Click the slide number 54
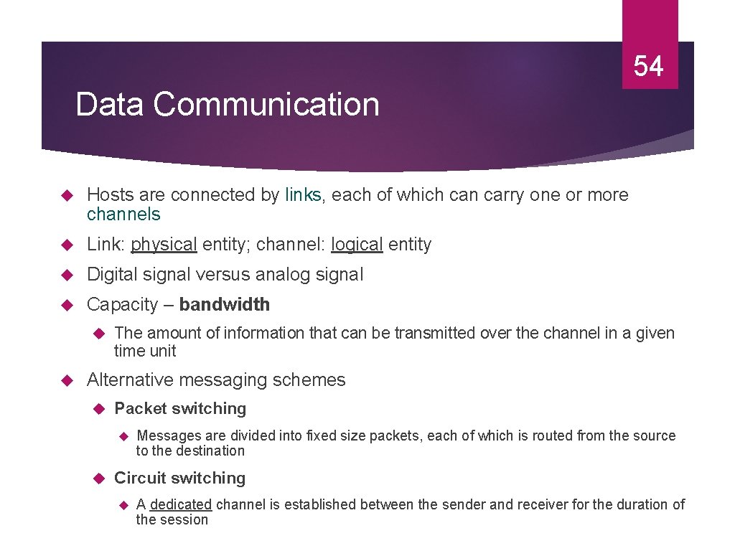pos(649,66)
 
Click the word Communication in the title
pos(266,104)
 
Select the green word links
pos(304,195)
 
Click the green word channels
pos(123,214)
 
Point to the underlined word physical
pos(164,245)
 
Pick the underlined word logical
pos(357,245)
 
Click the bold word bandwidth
pos(225,305)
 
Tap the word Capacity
pos(122,305)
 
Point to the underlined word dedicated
pos(181,505)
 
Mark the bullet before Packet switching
pos(100,409)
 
